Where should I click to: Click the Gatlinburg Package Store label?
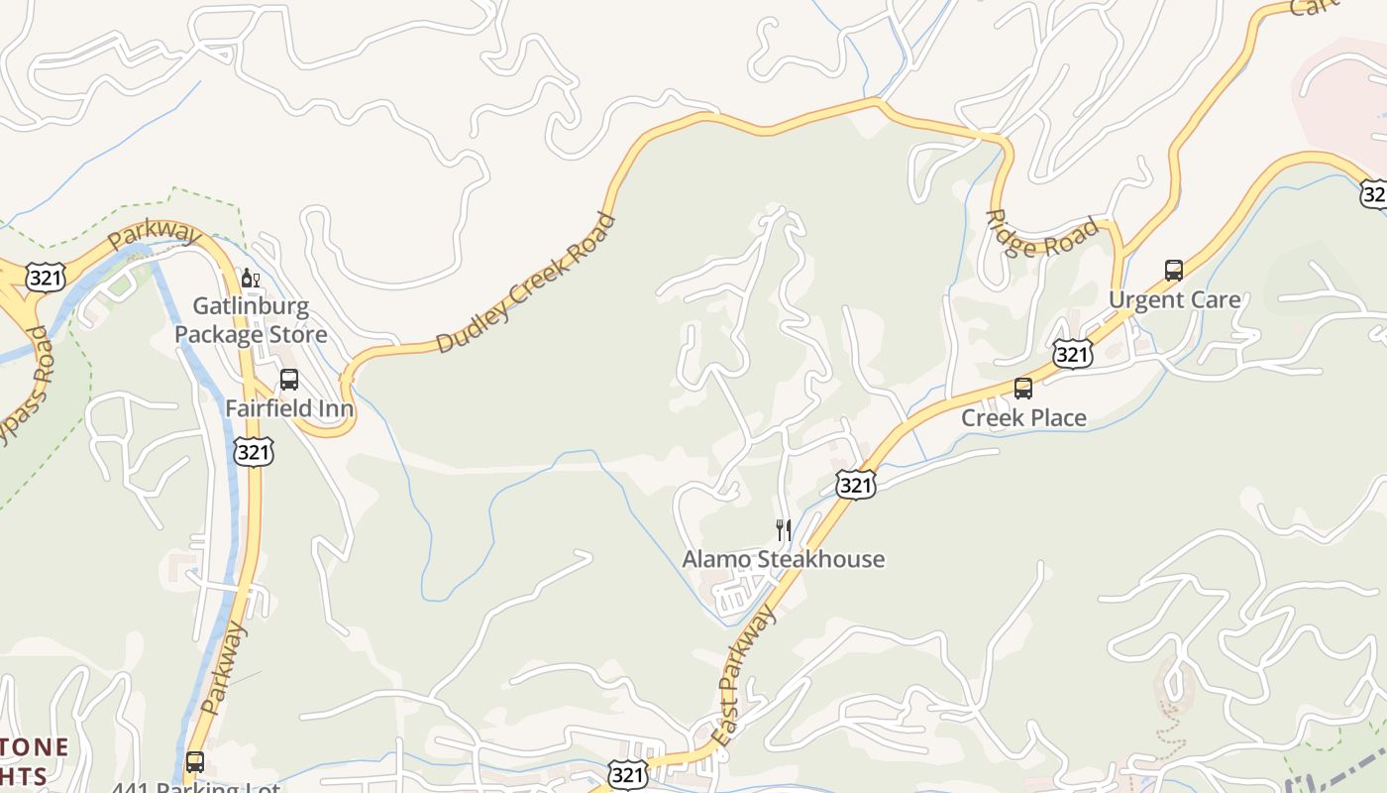pos(251,320)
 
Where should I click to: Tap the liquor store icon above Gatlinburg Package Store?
pos(250,279)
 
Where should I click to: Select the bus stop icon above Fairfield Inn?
pos(289,379)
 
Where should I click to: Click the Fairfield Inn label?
pos(289,408)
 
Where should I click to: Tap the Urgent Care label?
pos(1174,299)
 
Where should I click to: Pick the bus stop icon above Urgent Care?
pos(1174,270)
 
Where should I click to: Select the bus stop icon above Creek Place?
pos(1023,389)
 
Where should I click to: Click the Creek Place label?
pos(1023,418)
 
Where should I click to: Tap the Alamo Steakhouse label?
pos(783,559)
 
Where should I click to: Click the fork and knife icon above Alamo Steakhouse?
pos(783,530)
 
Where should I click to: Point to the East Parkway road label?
pos(744,677)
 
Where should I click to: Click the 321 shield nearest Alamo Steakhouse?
pos(855,484)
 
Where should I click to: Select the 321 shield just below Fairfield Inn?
pos(254,452)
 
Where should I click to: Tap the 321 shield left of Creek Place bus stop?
pos(1073,353)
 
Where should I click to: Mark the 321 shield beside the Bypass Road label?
pos(47,277)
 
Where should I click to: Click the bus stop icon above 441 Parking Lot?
pos(195,762)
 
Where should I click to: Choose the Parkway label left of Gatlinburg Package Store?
pos(154,236)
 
